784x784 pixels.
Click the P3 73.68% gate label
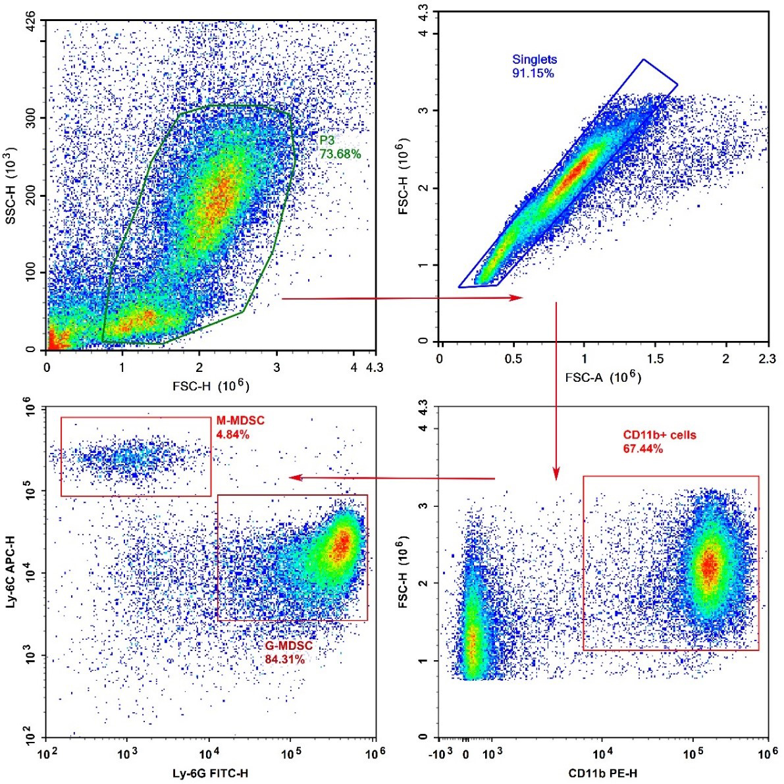click(340, 147)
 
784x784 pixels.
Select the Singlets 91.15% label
click(535, 66)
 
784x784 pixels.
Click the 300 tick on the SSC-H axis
click(32, 118)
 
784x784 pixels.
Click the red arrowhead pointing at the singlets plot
click(517, 298)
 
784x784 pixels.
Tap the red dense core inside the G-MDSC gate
click(341, 546)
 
